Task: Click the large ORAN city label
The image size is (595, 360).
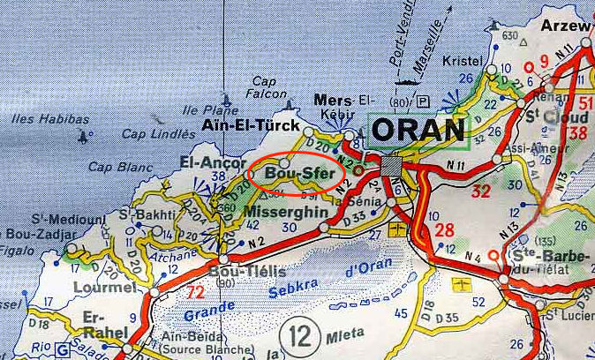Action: pyautogui.click(x=418, y=130)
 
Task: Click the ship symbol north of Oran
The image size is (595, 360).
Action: pyautogui.click(x=408, y=83)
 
